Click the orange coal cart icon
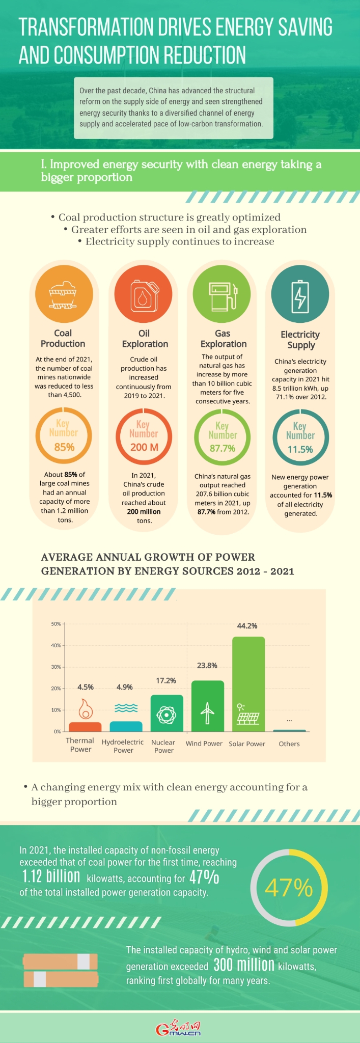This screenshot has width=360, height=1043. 63,295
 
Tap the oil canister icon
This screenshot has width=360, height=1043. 143,295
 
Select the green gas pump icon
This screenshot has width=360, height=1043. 222,295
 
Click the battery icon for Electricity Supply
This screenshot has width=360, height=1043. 300,295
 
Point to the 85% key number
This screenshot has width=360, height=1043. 64,447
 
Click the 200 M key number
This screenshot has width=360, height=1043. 144,447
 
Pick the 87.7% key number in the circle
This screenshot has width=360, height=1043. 223,448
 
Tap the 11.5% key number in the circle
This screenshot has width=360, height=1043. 300,449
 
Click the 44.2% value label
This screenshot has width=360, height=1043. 247,626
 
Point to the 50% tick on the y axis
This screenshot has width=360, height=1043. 56,624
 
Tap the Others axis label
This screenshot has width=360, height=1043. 289,744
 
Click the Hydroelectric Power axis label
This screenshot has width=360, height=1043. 123,746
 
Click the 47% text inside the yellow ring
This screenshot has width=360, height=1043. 289,888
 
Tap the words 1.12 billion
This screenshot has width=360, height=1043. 51,876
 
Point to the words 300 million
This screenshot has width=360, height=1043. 244,965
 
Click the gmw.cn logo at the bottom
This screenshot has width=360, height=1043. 179,1028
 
